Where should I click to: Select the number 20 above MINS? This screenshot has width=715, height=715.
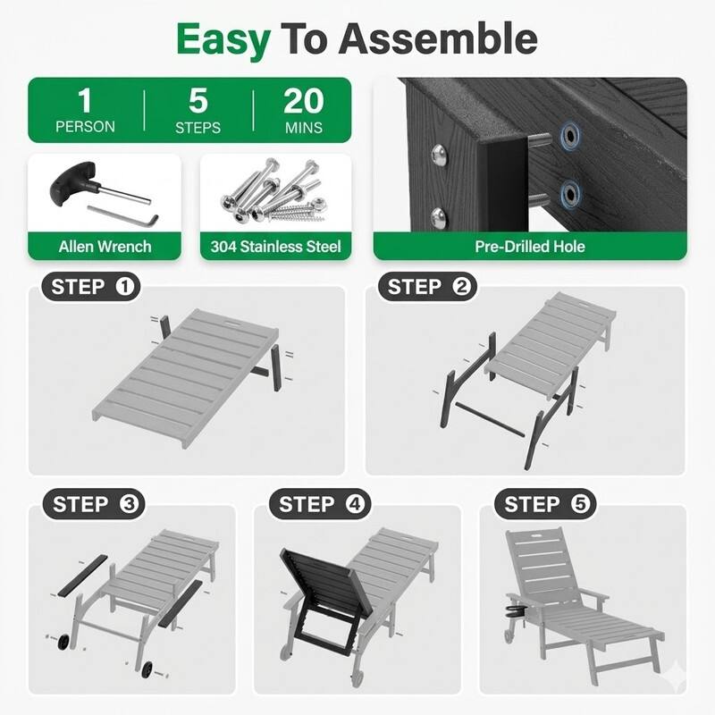[304, 100]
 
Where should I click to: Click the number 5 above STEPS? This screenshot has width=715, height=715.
[198, 100]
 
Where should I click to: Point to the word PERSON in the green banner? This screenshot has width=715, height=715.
[85, 127]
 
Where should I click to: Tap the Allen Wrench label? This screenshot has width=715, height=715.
[105, 246]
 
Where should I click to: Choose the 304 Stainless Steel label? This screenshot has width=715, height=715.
[276, 246]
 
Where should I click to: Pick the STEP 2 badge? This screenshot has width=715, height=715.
[428, 287]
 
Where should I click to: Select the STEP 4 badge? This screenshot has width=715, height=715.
[319, 504]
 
